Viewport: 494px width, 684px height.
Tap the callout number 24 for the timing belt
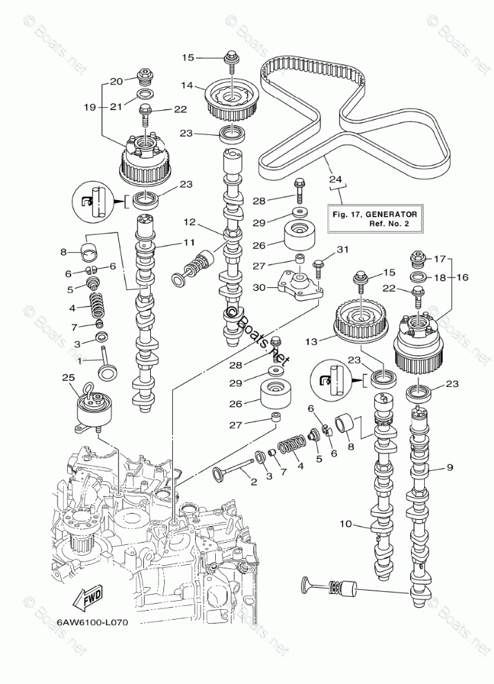tap(336, 180)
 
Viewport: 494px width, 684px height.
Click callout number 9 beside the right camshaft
tap(449, 469)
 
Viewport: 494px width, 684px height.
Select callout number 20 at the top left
tap(116, 81)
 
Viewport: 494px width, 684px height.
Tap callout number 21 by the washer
tap(116, 105)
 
